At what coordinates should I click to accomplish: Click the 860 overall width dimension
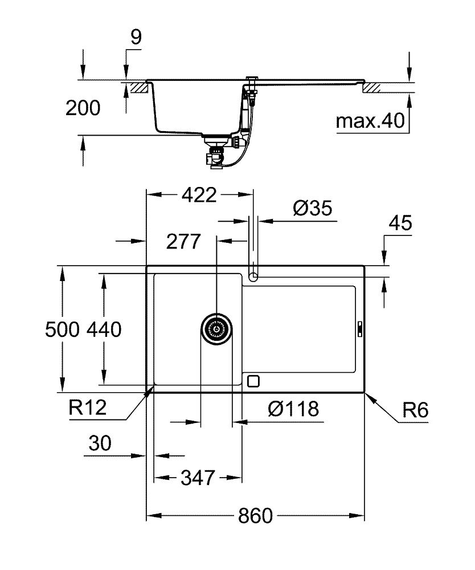(x=255, y=516)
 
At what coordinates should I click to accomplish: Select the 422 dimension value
(x=199, y=195)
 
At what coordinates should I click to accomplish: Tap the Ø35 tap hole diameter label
(x=312, y=209)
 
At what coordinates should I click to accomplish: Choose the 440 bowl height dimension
(x=104, y=329)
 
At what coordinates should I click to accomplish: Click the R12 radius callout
(x=87, y=408)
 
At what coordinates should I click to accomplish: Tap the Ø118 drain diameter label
(x=292, y=409)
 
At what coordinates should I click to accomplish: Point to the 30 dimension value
(x=100, y=443)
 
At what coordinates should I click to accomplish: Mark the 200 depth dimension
(x=83, y=108)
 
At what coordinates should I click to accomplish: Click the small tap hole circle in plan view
(x=253, y=277)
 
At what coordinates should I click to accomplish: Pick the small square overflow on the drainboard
(x=253, y=380)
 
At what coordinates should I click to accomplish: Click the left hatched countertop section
(x=139, y=87)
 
